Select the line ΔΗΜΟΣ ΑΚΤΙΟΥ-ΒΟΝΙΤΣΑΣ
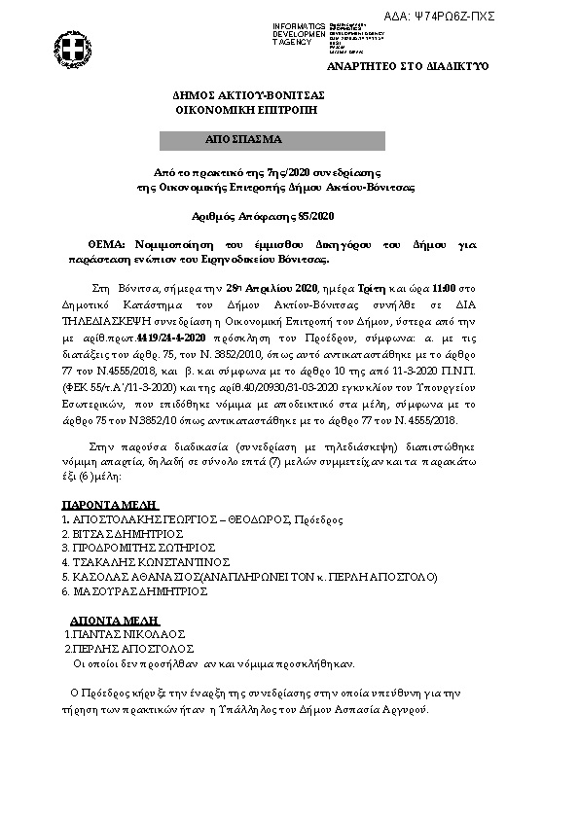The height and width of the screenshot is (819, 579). click(248, 96)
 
